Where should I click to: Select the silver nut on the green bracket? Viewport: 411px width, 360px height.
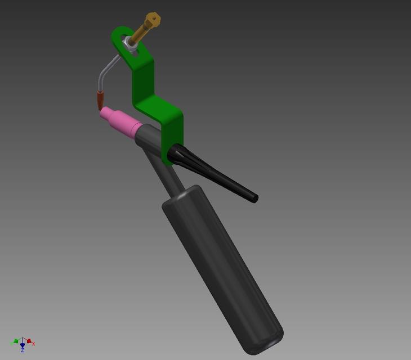click(x=131, y=45)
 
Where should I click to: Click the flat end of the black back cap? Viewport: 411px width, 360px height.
click(x=254, y=198)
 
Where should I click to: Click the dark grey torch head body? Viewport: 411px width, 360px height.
click(x=149, y=138)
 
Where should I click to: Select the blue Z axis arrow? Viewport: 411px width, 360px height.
click(x=23, y=345)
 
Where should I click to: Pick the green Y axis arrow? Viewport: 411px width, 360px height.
click(x=16, y=341)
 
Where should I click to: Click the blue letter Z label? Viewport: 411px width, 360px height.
click(x=23, y=350)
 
